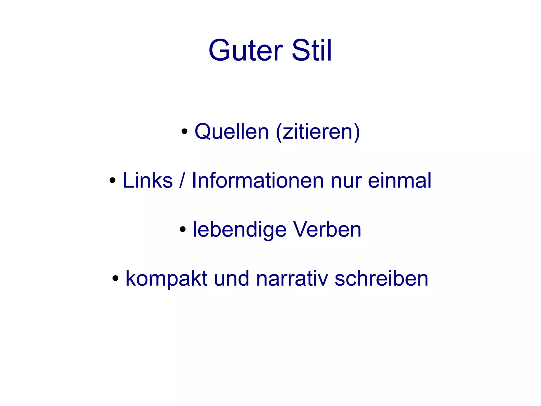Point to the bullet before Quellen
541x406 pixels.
(184, 131)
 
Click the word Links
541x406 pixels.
(148, 180)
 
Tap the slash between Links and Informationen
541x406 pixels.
(182, 180)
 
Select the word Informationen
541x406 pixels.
(258, 180)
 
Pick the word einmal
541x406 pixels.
(400, 180)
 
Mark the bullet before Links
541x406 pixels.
(113, 180)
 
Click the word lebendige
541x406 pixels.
(239, 230)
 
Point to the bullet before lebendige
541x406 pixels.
(183, 229)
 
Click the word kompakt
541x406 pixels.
(166, 279)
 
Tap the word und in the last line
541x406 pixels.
(231, 279)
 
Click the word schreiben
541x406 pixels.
(381, 279)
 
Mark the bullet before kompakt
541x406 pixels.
(115, 279)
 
